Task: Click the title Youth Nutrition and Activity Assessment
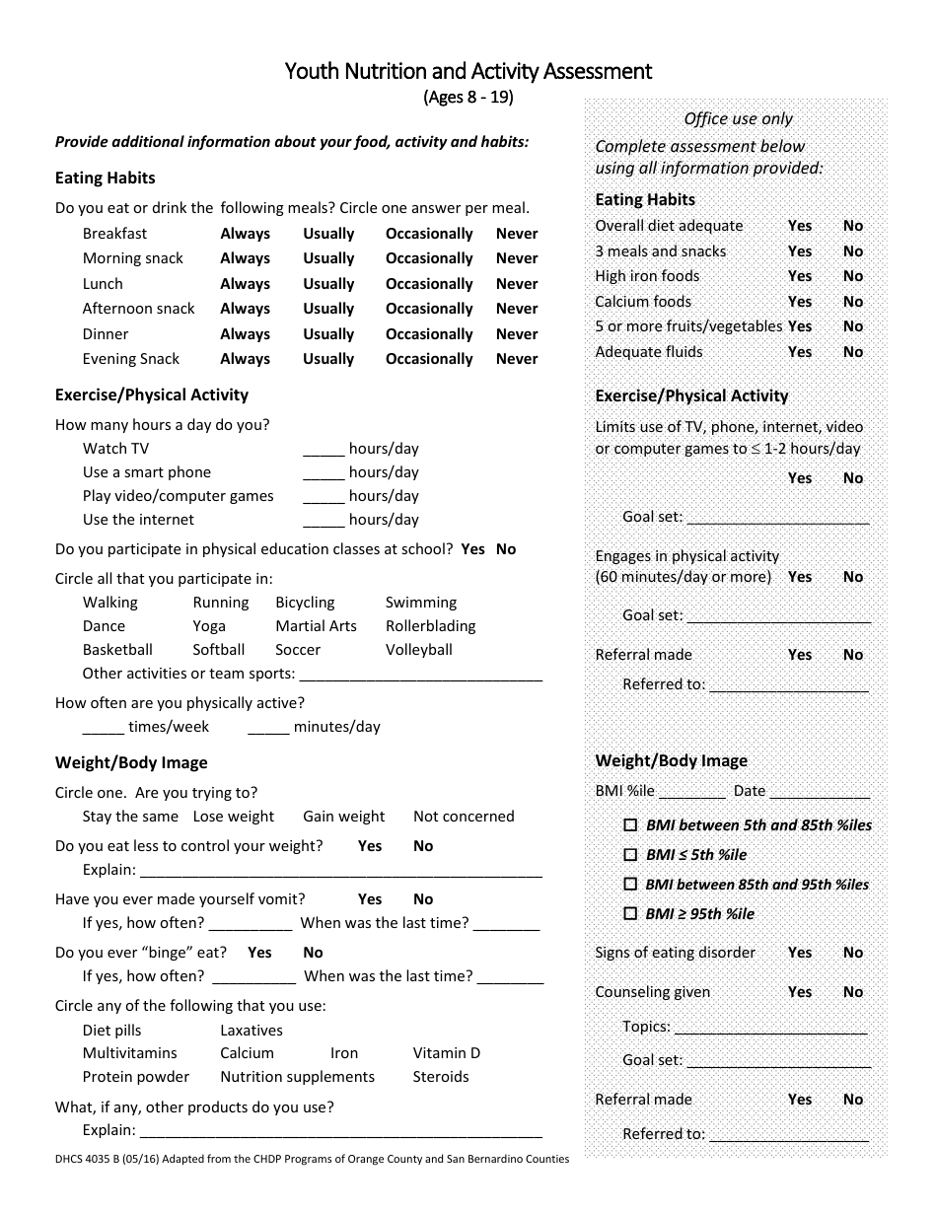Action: point(468,71)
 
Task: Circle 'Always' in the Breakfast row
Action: point(245,234)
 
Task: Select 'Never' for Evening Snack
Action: point(517,359)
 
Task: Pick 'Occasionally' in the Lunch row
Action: point(429,284)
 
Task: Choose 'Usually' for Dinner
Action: point(328,334)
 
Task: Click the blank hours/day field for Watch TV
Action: point(324,450)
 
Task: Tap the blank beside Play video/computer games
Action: point(324,497)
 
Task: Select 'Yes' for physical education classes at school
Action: point(472,549)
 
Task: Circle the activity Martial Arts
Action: point(316,626)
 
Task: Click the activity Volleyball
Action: point(419,650)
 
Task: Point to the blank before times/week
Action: point(104,728)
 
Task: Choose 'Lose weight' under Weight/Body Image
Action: point(234,817)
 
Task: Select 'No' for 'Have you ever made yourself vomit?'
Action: point(423,899)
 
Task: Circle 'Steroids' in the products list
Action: point(441,1077)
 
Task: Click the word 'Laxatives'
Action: point(252,1031)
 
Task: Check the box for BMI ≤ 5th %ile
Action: point(630,855)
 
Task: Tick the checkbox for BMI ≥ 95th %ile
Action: point(630,914)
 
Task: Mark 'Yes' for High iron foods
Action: point(800,276)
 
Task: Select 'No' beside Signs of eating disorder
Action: point(853,953)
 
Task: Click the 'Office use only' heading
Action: point(739,118)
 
